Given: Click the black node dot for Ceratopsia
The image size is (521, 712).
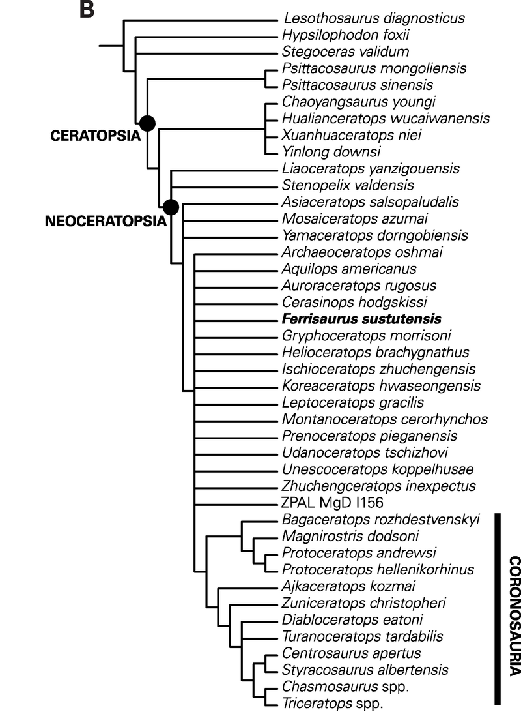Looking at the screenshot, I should pyautogui.click(x=148, y=122).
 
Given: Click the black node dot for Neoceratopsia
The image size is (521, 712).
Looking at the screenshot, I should pyautogui.click(x=171, y=207).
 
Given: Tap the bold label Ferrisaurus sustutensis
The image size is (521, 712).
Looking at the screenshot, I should pyautogui.click(x=361, y=319).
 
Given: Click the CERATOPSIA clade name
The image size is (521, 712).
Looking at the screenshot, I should pyautogui.click(x=95, y=137).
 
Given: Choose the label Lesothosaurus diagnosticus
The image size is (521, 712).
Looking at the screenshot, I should pyautogui.click(x=374, y=18).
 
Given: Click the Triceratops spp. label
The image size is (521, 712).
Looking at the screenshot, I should pyautogui.click(x=332, y=704).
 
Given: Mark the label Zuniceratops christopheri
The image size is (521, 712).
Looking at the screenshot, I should pyautogui.click(x=365, y=603).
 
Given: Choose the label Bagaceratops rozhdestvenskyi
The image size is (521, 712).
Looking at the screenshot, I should pyautogui.click(x=381, y=520).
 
